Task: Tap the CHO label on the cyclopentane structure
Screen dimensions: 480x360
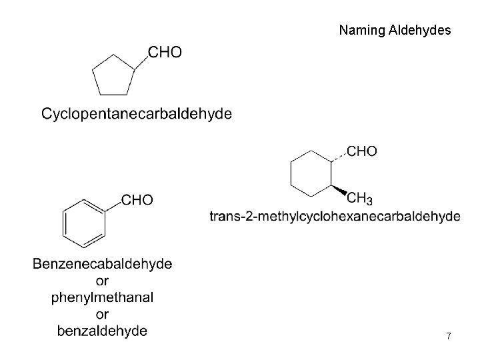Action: click(163, 52)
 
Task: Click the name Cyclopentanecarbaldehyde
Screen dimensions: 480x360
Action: click(137, 114)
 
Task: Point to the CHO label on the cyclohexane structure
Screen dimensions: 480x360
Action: click(362, 152)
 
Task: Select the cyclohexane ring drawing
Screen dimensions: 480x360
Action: click(311, 174)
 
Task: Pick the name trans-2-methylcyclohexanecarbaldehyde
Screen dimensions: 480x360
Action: click(335, 216)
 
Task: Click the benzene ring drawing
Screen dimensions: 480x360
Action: click(84, 220)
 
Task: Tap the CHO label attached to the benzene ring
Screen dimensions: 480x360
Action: click(137, 199)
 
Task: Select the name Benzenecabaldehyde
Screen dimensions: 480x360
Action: click(103, 264)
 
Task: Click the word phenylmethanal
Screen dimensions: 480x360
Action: click(103, 297)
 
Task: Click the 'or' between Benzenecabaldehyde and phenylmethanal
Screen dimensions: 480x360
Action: click(103, 281)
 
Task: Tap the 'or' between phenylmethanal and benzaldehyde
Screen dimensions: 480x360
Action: click(103, 314)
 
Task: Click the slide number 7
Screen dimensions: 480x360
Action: click(449, 337)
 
